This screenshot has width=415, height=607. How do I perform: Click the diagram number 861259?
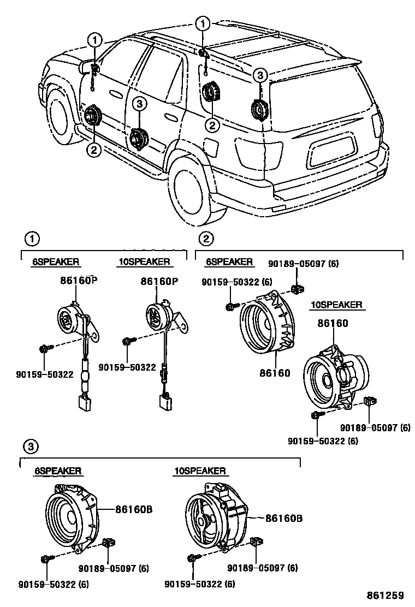click(388, 595)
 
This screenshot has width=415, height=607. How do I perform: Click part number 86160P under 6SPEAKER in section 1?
click(80, 281)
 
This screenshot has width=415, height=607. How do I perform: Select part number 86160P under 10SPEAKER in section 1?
click(159, 281)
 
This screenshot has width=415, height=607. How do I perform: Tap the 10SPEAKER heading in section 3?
click(200, 471)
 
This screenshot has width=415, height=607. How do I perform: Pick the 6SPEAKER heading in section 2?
click(229, 262)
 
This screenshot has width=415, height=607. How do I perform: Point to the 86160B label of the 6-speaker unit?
click(133, 509)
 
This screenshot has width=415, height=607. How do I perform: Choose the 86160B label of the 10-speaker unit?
click(284, 516)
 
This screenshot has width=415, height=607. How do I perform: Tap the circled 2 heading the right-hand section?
click(206, 239)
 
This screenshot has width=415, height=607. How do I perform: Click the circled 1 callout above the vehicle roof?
click(203, 23)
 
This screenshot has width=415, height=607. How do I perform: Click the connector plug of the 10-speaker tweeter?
click(165, 402)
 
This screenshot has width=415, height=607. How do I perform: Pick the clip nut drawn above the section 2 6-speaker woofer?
click(298, 288)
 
